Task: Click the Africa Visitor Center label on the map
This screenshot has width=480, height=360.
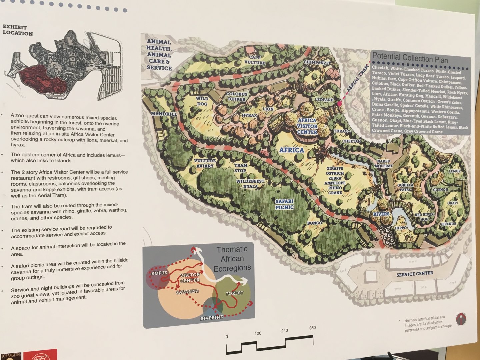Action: pyautogui.click(x=307, y=126)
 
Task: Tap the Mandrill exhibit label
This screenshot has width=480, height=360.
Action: pyautogui.click(x=164, y=114)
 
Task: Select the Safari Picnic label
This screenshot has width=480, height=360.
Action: pyautogui.click(x=284, y=204)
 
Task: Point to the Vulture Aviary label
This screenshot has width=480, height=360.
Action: pyautogui.click(x=205, y=163)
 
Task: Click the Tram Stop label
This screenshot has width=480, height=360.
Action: pyautogui.click(x=240, y=168)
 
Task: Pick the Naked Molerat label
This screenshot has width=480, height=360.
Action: pyautogui.click(x=384, y=163)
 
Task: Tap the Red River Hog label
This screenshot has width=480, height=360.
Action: pyautogui.click(x=424, y=217)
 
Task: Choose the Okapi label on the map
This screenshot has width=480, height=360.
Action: pyautogui.click(x=452, y=203)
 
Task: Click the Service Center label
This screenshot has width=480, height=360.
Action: pyautogui.click(x=415, y=274)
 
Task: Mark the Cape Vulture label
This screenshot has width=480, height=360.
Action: pyautogui.click(x=255, y=60)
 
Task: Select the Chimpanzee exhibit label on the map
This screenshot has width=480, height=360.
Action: pyautogui.click(x=317, y=63)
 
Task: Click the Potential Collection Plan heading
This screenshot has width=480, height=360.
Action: pyautogui.click(x=410, y=58)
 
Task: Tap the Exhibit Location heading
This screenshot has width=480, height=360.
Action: pyautogui.click(x=18, y=30)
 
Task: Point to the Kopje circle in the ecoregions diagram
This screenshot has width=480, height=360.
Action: pyautogui.click(x=158, y=274)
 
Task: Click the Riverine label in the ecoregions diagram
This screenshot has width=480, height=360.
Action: pyautogui.click(x=212, y=317)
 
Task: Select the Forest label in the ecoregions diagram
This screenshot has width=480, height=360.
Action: pyautogui.click(x=234, y=293)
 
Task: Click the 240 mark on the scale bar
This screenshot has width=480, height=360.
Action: pyautogui.click(x=284, y=331)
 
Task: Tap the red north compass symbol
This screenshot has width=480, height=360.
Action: pyautogui.click(x=461, y=319)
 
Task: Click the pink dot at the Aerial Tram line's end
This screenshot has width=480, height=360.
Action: pyautogui.click(x=339, y=104)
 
